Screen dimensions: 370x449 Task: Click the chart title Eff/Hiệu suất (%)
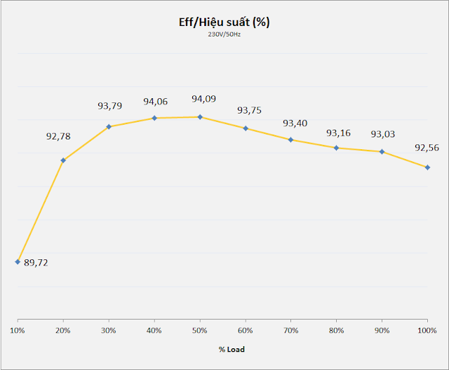click(x=224, y=22)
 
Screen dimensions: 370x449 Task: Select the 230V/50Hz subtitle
click(x=224, y=34)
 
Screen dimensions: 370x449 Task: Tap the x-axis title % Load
click(x=224, y=348)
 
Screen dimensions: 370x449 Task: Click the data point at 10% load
click(x=18, y=262)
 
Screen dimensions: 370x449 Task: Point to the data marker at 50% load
click(x=200, y=117)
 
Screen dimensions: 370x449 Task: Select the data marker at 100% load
click(x=427, y=167)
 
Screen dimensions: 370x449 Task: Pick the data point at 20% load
click(x=63, y=160)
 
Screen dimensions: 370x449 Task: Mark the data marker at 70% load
click(x=291, y=140)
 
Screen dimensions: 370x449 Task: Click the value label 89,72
click(x=36, y=263)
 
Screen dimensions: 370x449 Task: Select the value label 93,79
click(x=109, y=106)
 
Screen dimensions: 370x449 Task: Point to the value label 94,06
click(x=156, y=101)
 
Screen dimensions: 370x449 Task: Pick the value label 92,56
click(x=427, y=148)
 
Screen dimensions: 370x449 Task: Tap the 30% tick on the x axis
click(x=109, y=329)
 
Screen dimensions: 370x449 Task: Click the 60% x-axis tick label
click(x=246, y=329)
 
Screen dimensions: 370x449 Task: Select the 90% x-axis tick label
click(x=382, y=329)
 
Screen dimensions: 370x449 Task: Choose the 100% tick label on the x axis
click(x=427, y=329)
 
